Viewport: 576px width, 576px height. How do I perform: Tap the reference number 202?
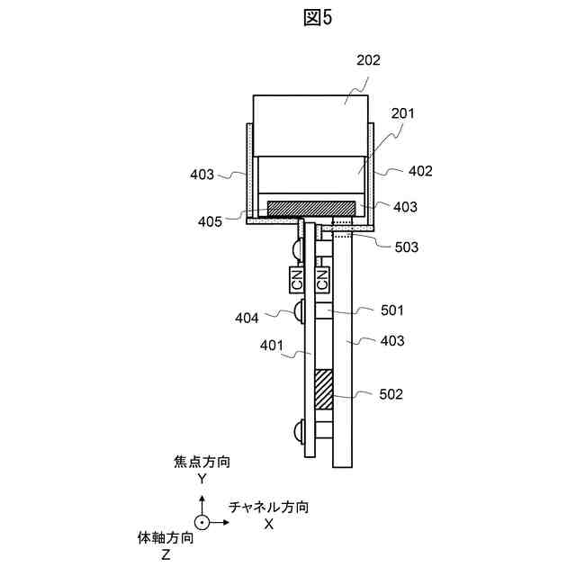(x=368, y=61)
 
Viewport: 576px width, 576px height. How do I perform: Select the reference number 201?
(x=402, y=113)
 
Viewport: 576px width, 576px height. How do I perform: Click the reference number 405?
(x=211, y=221)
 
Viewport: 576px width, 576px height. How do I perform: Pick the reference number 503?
(x=406, y=247)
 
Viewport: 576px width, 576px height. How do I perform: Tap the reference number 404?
(x=247, y=317)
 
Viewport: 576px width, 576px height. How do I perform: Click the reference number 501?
(x=391, y=310)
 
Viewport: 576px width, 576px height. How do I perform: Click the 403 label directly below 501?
(x=391, y=341)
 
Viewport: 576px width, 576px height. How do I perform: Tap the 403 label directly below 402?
(x=405, y=207)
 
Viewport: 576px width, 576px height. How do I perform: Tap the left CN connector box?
(x=297, y=279)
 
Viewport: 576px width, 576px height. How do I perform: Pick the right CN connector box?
(x=321, y=279)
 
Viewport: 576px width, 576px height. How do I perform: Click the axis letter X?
(x=269, y=524)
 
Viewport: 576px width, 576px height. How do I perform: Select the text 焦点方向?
(x=202, y=463)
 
